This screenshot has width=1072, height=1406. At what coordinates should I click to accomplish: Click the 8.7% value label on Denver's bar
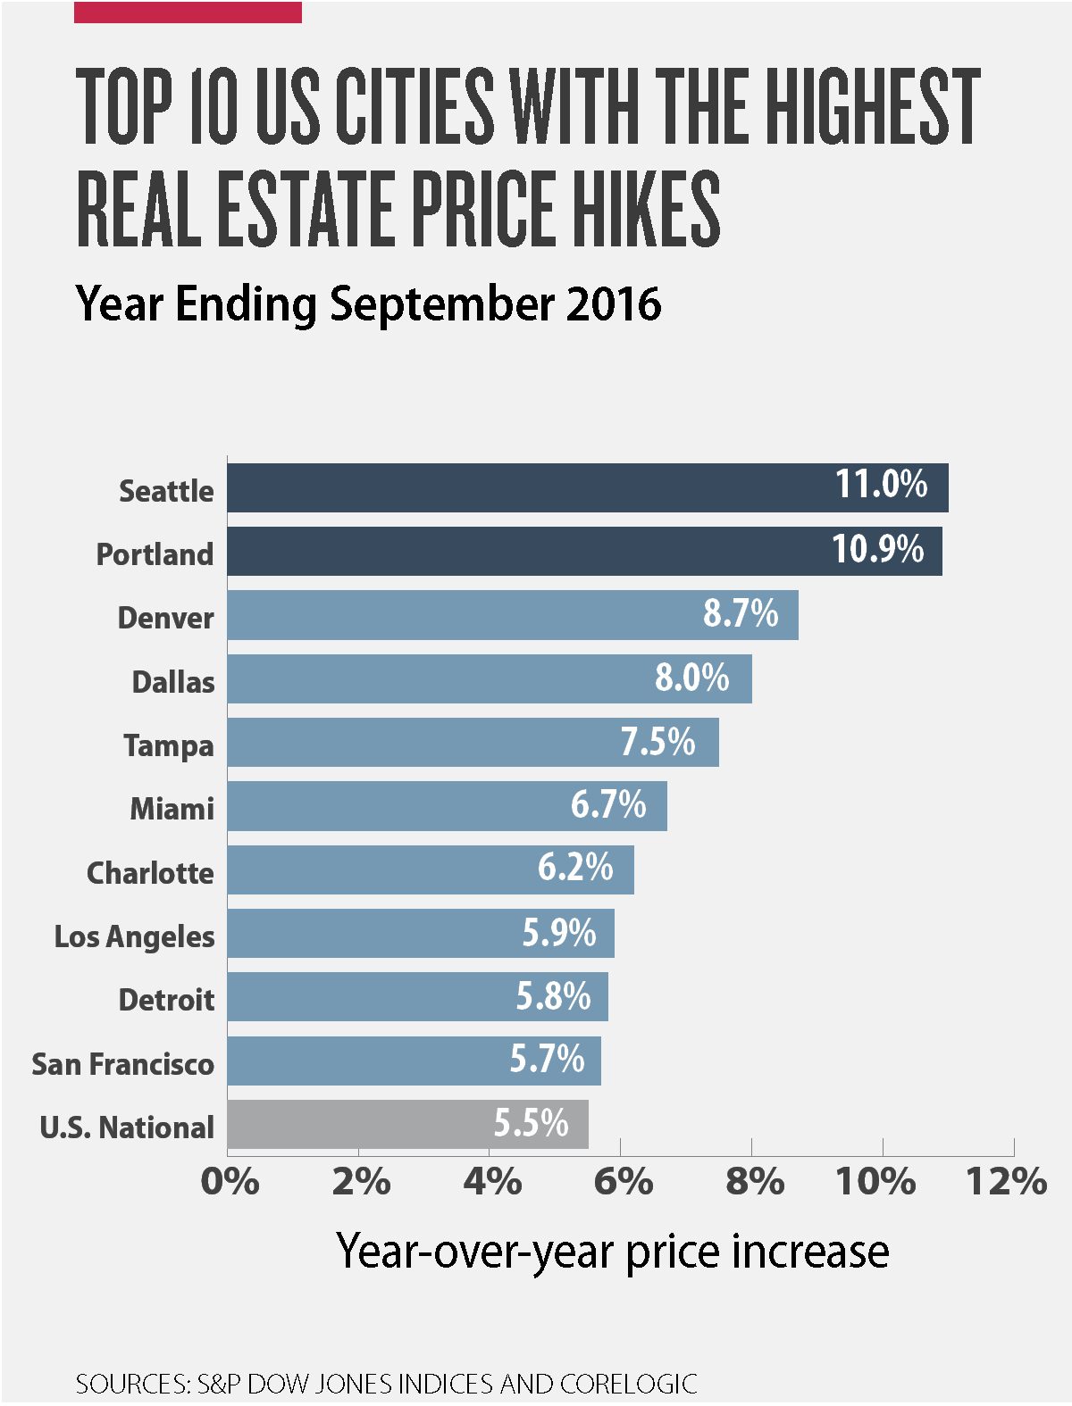click(x=740, y=614)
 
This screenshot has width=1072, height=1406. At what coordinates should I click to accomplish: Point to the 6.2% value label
click(x=575, y=868)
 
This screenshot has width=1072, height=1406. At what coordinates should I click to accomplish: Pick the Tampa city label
click(x=169, y=745)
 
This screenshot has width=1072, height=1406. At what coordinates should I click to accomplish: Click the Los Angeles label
click(x=135, y=936)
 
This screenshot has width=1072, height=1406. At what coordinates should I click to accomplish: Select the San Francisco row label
click(x=123, y=1064)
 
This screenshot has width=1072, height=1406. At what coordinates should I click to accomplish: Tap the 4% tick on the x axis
click(x=491, y=1182)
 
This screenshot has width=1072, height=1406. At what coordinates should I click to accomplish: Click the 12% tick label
click(x=1007, y=1182)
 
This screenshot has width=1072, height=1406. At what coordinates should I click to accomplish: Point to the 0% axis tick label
click(x=230, y=1182)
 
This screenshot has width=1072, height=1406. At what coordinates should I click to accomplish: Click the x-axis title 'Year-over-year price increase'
click(x=613, y=1252)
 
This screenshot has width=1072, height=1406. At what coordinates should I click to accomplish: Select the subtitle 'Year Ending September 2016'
click(x=368, y=304)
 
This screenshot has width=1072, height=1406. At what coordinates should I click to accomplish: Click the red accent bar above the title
click(x=188, y=12)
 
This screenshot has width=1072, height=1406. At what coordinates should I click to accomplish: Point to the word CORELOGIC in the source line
click(x=628, y=1384)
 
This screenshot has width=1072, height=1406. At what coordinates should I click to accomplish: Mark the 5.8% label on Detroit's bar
click(x=553, y=996)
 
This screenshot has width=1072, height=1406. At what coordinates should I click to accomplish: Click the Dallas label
click(x=173, y=682)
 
